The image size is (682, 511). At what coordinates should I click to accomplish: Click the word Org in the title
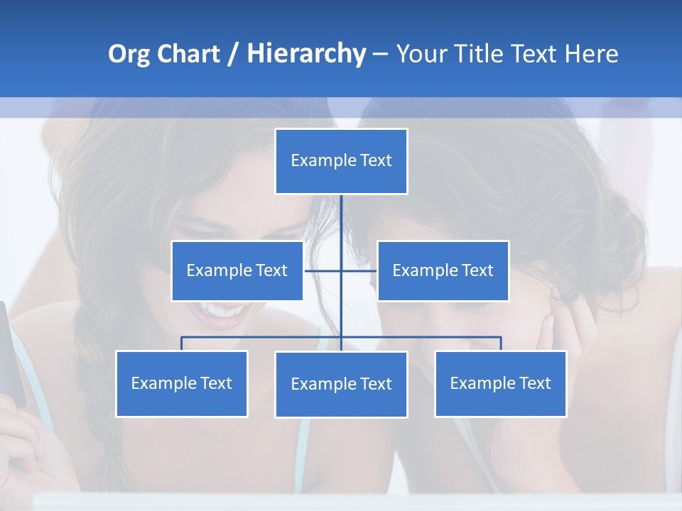129,54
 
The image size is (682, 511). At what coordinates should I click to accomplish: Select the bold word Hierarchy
306,54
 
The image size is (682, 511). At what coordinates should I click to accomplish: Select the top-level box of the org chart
341,161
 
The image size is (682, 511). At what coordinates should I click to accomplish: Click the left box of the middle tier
237,270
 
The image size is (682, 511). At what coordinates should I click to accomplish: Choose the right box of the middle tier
443,270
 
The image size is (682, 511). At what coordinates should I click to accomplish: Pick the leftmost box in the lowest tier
182,383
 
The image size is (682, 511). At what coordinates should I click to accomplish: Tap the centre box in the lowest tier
341,384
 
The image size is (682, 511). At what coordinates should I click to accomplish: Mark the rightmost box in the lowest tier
500,383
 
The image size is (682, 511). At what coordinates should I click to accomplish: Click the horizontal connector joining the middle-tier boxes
323,270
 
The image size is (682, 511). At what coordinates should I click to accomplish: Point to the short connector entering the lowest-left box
182,344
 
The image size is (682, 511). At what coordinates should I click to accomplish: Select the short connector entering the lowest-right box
500,344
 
